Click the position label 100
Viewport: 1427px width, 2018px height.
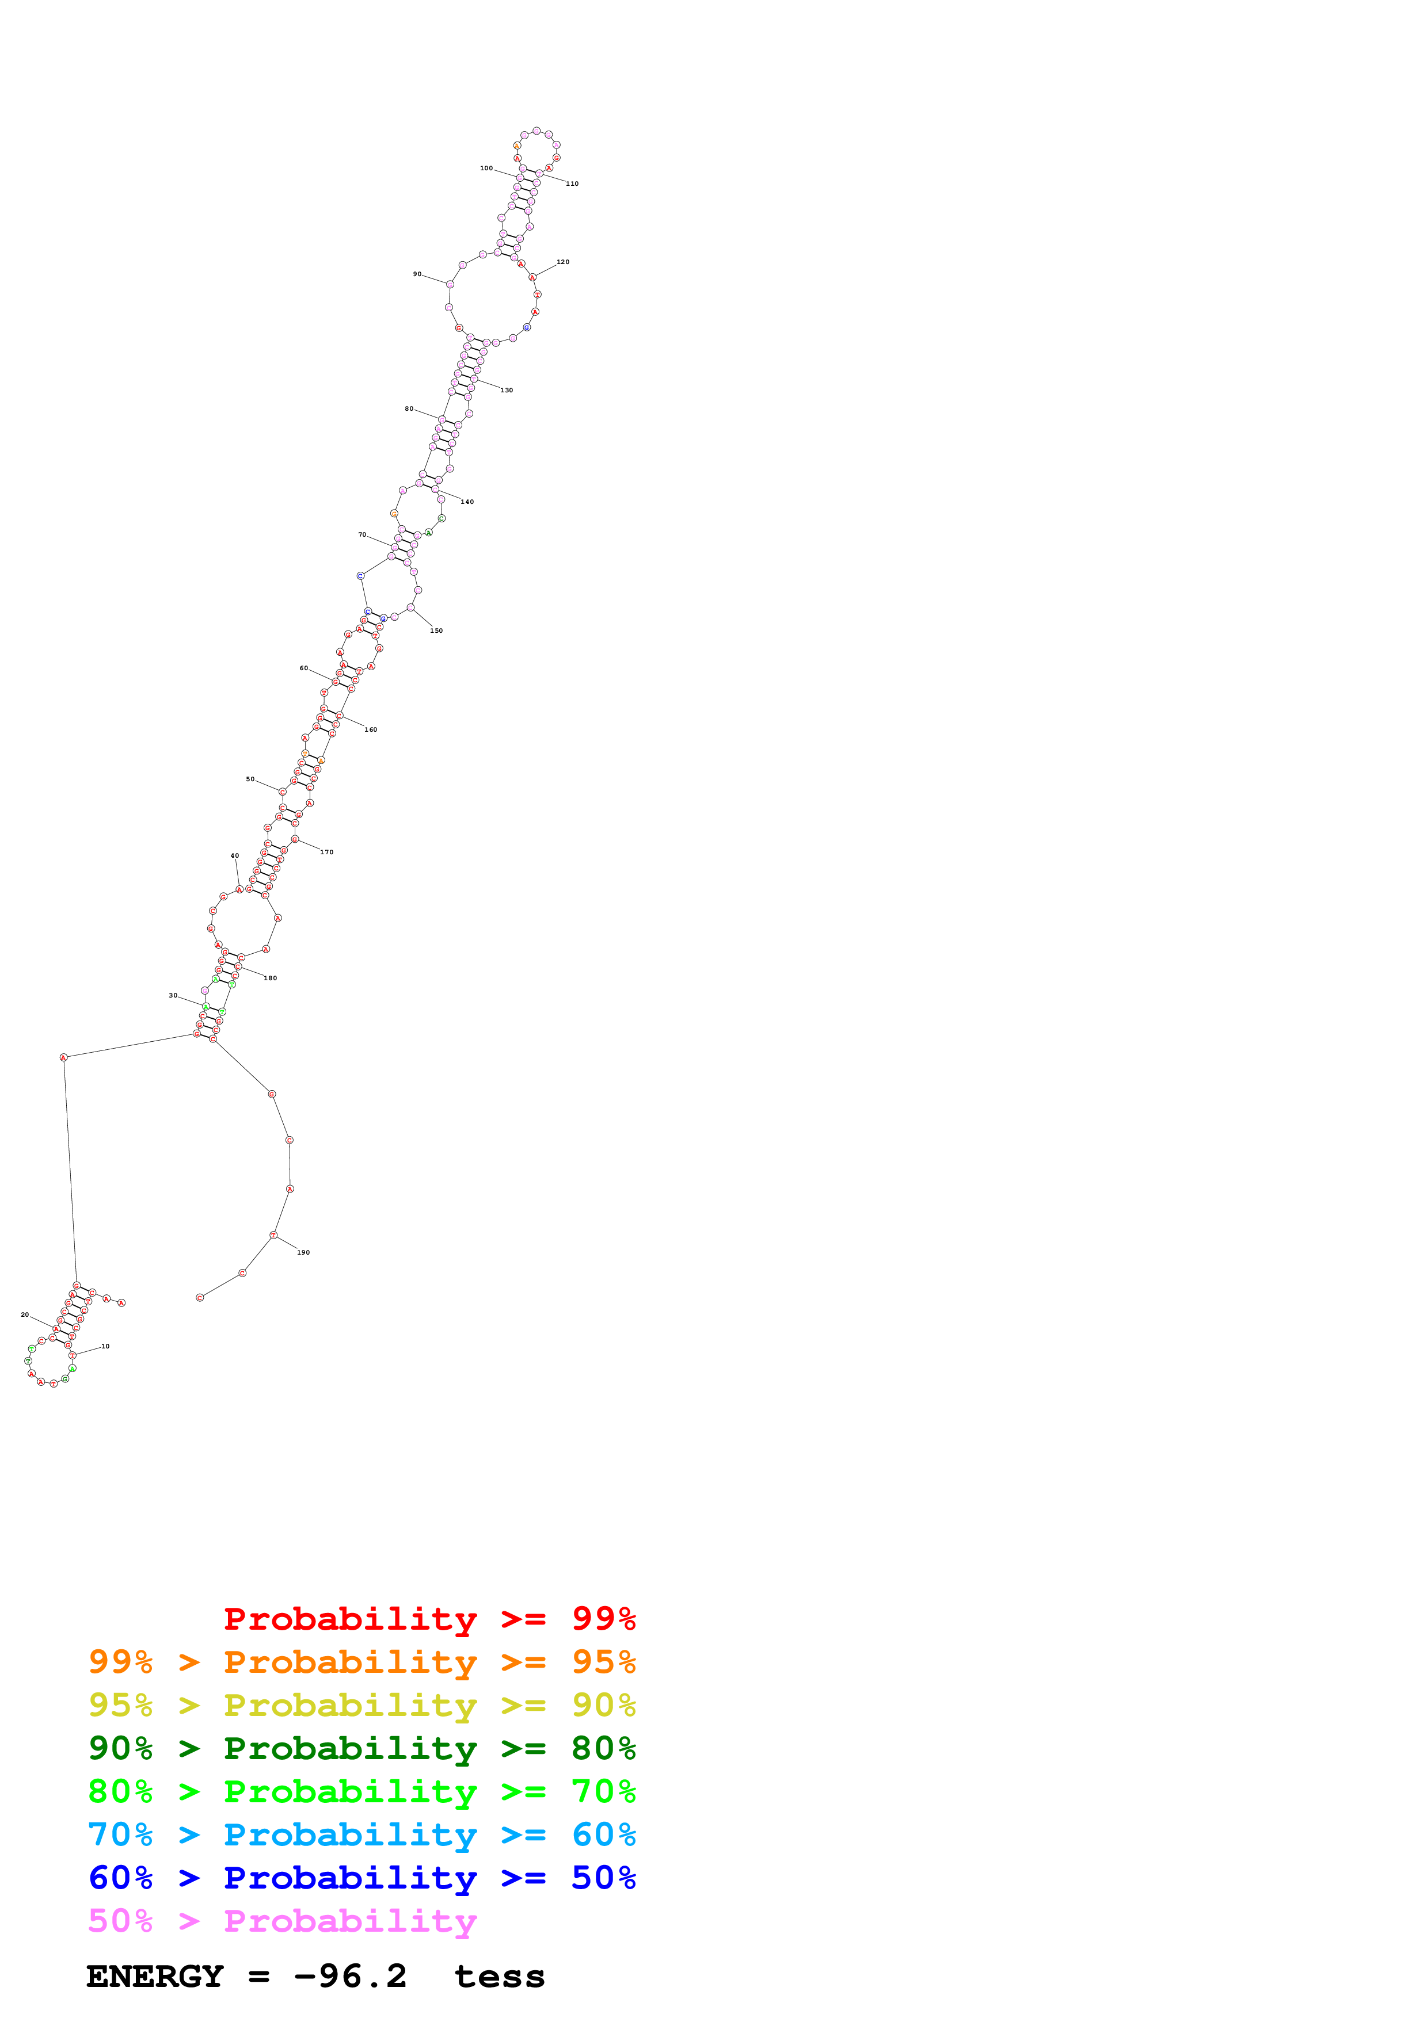click(x=486, y=168)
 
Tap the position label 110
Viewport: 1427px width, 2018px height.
click(x=572, y=184)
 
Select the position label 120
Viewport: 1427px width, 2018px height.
click(x=563, y=262)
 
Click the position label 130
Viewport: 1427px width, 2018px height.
click(x=507, y=390)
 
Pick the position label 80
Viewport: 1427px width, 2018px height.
click(x=409, y=408)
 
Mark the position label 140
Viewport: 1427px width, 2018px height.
click(x=467, y=502)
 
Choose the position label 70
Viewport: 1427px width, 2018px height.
click(x=362, y=534)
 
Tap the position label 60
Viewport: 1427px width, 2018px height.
click(x=303, y=668)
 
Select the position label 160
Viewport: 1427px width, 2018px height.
click(x=371, y=729)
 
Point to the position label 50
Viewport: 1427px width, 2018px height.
click(x=250, y=779)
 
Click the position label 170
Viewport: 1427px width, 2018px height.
click(x=327, y=852)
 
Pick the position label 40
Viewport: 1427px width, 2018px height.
click(x=235, y=855)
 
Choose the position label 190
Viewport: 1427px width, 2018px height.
click(x=303, y=1252)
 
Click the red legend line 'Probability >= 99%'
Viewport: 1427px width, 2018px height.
click(x=429, y=1618)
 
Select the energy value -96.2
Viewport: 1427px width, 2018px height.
click(x=350, y=1977)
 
